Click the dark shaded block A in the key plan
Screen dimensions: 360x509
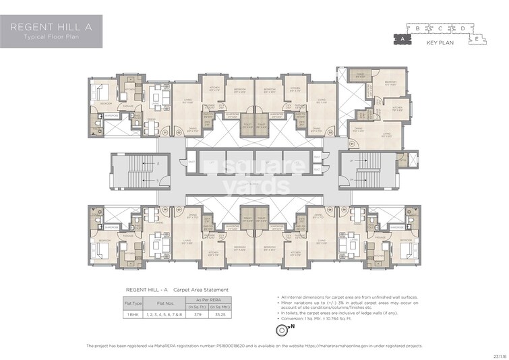coord(402,40)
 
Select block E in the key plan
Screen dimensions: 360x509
coord(477,39)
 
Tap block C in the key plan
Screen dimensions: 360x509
coord(440,28)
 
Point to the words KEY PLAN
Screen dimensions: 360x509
coord(440,43)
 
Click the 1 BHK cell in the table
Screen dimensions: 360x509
coord(132,314)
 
